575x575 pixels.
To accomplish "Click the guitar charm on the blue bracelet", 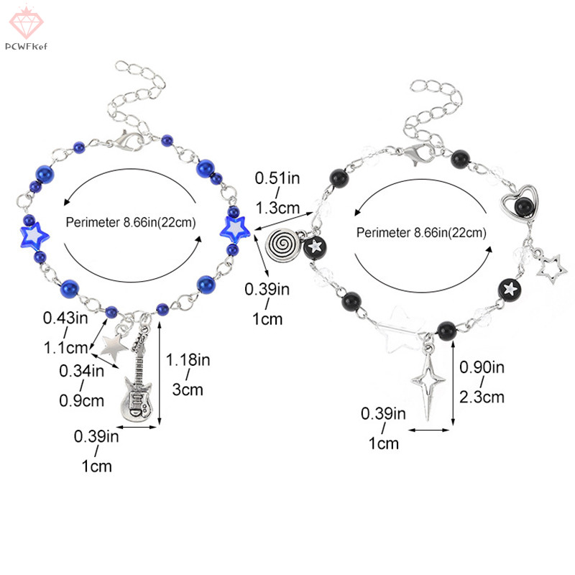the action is tap(137, 382).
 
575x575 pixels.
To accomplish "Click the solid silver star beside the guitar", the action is tap(114, 346).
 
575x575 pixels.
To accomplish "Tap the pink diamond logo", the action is tap(26, 22).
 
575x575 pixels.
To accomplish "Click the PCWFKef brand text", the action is tap(26, 47).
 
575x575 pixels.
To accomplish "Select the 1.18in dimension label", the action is tap(188, 360).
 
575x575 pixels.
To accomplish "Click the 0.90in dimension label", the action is tap(482, 367).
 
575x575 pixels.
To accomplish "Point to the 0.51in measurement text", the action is tap(277, 178).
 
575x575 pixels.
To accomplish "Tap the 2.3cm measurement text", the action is tap(482, 397).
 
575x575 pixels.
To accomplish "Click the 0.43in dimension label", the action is tap(65, 318).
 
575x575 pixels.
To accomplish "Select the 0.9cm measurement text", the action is tap(82, 400).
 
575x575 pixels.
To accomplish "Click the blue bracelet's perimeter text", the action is tap(131, 222).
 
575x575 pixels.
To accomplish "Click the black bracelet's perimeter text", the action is tap(422, 232).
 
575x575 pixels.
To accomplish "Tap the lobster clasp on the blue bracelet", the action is tap(126, 142).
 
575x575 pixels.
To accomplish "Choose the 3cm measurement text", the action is tap(188, 390).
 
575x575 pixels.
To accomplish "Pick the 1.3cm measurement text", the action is tap(277, 208).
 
